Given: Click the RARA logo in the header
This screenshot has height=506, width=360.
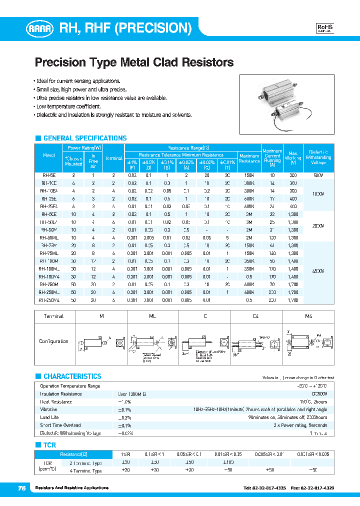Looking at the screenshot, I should click(41, 29).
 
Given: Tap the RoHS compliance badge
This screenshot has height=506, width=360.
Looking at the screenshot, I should click(325, 28).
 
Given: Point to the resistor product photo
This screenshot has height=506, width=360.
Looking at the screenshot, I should click(286, 104).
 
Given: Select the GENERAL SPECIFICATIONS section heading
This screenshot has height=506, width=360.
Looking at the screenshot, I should click(84, 138).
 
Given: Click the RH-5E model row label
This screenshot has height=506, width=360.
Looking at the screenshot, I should click(49, 175).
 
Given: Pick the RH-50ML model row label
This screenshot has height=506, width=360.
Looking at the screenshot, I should click(49, 237).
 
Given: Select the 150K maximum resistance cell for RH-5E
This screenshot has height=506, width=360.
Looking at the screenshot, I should click(249, 175).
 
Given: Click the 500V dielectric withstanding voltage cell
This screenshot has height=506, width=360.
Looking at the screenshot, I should click(318, 175).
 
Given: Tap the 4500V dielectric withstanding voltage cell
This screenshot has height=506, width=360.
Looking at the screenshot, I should click(318, 270).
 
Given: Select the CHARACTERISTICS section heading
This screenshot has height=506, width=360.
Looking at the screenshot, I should click(72, 376).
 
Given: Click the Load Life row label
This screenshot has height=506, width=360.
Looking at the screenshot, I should click(49, 417).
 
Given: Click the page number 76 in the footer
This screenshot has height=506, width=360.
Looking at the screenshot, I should click(22, 488).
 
